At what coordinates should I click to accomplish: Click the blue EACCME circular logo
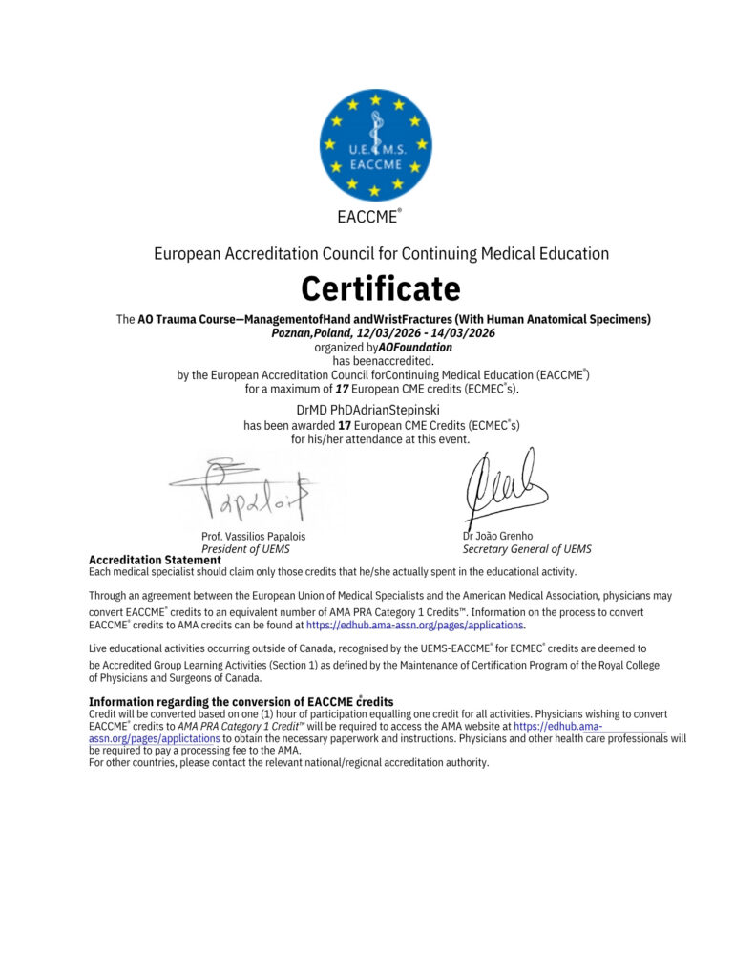coord(375,145)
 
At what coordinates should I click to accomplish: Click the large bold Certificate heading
coord(381,287)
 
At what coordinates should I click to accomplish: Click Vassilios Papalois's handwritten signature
coord(244,492)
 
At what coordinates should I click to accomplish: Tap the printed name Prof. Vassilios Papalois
coord(253,536)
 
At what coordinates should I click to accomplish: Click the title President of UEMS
coord(245,549)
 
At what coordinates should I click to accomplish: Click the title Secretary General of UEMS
coord(527,549)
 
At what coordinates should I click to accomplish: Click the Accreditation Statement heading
coord(155,560)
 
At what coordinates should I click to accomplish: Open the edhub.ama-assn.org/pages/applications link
coord(414,625)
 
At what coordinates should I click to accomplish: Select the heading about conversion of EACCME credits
coord(241,702)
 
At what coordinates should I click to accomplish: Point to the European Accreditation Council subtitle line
coord(381,254)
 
